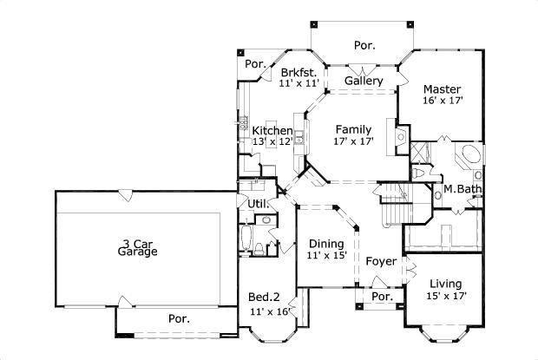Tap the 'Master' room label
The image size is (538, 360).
442,88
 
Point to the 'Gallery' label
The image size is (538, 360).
364,81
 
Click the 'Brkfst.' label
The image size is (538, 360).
299,72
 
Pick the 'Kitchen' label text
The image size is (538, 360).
272,130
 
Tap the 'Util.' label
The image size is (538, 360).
257,204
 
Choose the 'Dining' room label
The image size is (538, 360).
326,244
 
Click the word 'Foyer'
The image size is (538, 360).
380,260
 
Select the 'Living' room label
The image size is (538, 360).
443,284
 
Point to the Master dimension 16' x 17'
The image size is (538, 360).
442,101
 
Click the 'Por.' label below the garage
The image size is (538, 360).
180,318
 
